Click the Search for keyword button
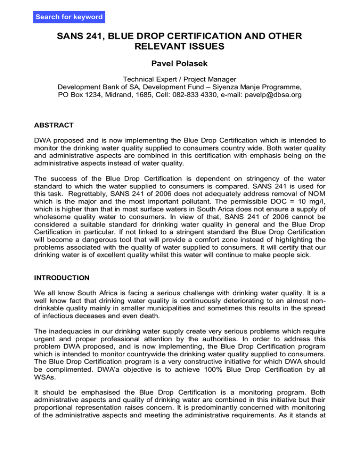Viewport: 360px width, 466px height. (69, 17)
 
